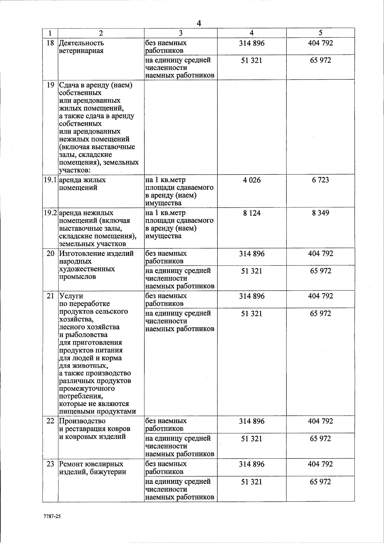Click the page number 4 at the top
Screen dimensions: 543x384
point(199,23)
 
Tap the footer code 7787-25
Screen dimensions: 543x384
point(52,516)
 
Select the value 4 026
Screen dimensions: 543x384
point(252,180)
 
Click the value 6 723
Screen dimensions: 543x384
point(320,180)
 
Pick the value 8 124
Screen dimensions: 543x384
point(252,213)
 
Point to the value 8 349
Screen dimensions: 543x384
point(320,213)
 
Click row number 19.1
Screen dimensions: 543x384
point(50,180)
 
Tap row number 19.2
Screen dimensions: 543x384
point(50,213)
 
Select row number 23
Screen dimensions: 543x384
point(50,464)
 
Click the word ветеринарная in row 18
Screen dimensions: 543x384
point(81,51)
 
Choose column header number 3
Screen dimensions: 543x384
point(180,33)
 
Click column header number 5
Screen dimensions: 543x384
point(320,33)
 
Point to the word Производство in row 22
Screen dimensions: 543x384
point(82,421)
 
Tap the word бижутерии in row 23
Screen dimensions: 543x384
point(109,472)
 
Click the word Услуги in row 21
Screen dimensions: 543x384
point(71,296)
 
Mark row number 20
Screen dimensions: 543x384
point(50,254)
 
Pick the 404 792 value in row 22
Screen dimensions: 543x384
point(320,421)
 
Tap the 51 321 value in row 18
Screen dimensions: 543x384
point(252,60)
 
